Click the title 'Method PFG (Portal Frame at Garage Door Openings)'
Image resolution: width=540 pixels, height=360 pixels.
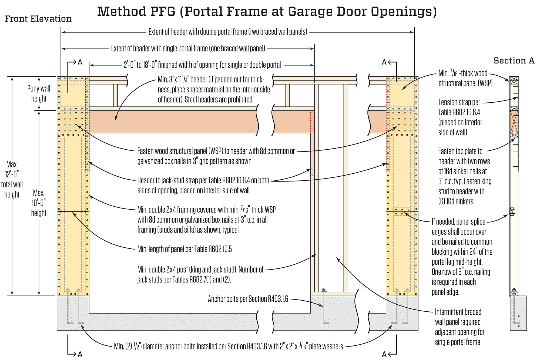coord(267,11)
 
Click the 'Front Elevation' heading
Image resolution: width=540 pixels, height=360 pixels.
coord(38,19)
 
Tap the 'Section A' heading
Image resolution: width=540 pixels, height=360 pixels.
coord(514,61)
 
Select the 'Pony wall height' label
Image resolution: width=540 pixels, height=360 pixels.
coord(39,93)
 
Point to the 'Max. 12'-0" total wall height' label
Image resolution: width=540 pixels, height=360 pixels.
coord(12,179)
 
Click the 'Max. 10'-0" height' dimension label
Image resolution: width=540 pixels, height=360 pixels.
coord(39,203)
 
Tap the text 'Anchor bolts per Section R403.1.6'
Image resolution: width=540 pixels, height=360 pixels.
coord(248,299)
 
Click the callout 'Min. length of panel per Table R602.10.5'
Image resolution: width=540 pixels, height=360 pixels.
coord(185,249)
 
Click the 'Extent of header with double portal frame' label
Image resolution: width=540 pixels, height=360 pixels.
coord(228,32)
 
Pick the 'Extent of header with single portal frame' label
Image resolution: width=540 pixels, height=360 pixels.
coord(188,49)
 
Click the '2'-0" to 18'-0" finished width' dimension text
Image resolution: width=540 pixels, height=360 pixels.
coord(202,65)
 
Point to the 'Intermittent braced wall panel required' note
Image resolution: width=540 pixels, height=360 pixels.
coord(459,327)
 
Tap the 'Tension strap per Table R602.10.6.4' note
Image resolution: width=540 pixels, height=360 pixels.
coord(460,117)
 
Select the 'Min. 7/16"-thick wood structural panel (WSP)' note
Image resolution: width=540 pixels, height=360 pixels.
coord(465,78)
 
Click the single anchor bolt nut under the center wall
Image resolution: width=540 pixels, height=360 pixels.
coord(323,291)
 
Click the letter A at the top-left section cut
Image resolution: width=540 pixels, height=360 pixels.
coord(80,62)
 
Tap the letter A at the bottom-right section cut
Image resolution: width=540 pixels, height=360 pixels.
coord(384,354)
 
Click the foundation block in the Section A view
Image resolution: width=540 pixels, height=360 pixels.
coord(518,313)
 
